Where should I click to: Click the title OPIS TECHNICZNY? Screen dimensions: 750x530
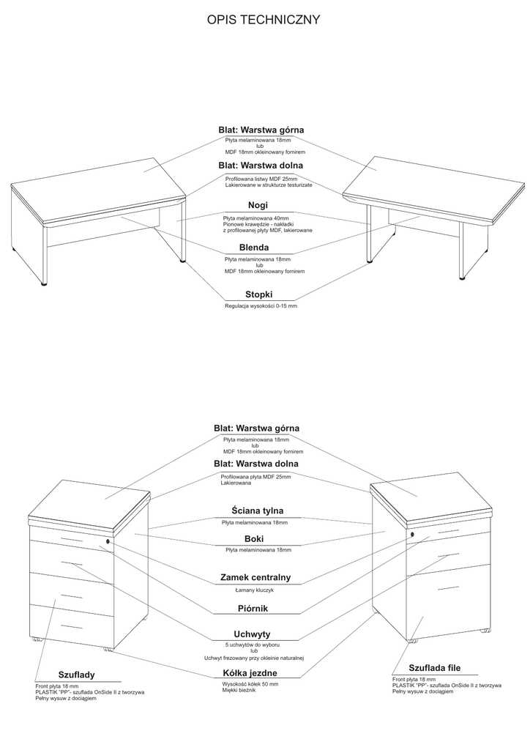tap(264, 21)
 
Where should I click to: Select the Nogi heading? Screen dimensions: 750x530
tap(258, 205)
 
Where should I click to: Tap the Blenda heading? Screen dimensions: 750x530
tap(254, 248)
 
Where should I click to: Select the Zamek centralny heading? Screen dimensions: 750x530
tap(255, 577)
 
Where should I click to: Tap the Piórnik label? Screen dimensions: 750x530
tap(253, 608)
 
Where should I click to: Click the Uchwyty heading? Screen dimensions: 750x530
tap(253, 634)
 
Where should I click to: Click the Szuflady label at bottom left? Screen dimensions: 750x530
tap(76, 675)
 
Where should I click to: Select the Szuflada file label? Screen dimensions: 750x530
tap(434, 667)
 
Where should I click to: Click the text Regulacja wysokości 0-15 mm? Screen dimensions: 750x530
tap(261, 305)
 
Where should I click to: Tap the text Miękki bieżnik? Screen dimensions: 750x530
tap(239, 690)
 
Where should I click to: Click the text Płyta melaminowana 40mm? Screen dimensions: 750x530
tap(256, 218)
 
